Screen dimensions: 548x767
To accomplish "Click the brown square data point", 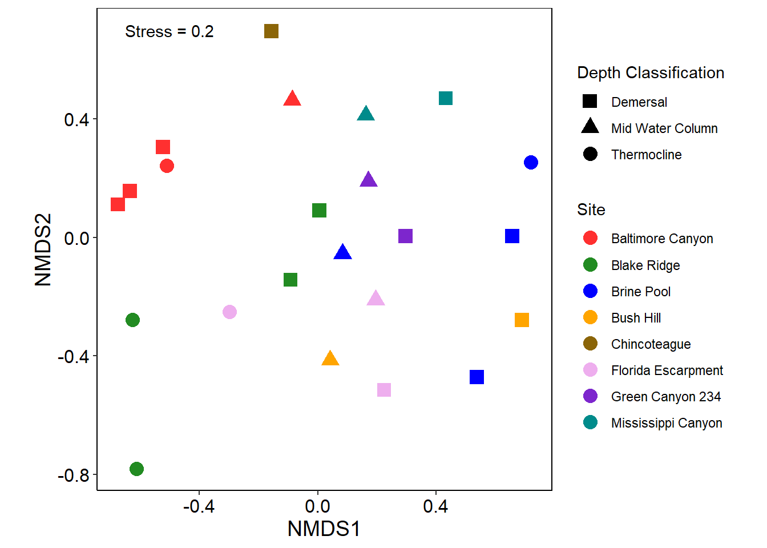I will (271, 31).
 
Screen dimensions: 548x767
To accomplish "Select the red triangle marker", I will (292, 99).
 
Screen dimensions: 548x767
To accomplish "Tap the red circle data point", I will (167, 166).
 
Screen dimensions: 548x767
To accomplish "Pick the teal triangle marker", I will (366, 114).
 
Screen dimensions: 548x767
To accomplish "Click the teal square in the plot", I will (446, 98).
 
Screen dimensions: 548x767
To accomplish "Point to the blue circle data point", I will (531, 163).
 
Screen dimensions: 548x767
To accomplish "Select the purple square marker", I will (405, 236).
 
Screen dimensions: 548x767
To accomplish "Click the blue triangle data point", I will (342, 252).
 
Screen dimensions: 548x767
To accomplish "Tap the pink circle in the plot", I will (229, 312).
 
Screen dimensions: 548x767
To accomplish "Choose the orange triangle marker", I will (330, 359).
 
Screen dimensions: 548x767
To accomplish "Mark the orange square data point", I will (522, 320).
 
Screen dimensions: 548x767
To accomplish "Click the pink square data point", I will (384, 390).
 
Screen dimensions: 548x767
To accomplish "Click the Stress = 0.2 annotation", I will (169, 31).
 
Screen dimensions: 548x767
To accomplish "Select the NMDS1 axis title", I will (324, 529).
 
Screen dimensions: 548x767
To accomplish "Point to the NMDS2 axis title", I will (43, 249).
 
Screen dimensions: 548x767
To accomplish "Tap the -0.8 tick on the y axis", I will (74, 475).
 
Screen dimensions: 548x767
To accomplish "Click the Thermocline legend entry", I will (646, 155).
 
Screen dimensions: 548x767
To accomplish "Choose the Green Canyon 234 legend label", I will (665, 397).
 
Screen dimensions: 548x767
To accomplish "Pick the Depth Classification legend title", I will (651, 72).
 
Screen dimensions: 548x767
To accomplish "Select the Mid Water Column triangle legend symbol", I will (590, 127).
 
